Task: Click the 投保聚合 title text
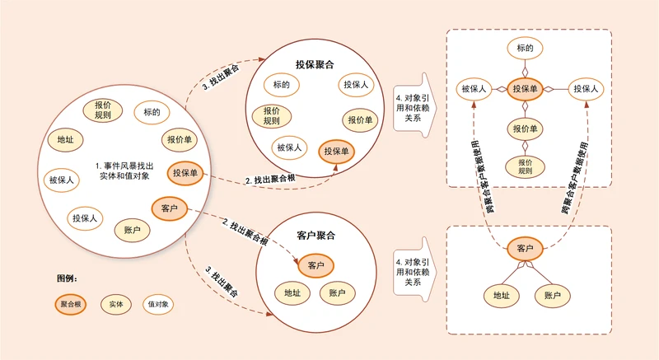click(315, 64)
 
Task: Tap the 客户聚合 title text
click(316, 236)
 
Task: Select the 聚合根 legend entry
click(71, 304)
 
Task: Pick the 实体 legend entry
click(116, 304)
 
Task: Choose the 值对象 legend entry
click(158, 304)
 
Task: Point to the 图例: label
click(68, 278)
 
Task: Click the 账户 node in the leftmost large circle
click(132, 230)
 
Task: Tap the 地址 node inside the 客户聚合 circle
click(292, 292)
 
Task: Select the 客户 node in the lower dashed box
click(525, 249)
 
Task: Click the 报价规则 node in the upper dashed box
click(525, 166)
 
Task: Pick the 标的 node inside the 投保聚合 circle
click(282, 84)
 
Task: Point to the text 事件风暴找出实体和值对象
click(124, 171)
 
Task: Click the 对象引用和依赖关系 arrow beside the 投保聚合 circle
click(415, 105)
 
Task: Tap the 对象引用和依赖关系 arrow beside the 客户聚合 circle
click(415, 269)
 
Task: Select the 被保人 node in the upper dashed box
click(474, 89)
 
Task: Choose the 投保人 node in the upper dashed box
click(586, 89)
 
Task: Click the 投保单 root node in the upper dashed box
click(525, 89)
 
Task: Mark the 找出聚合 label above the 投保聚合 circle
click(221, 77)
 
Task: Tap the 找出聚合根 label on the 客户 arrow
click(245, 231)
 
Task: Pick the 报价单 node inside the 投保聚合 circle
click(360, 120)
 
